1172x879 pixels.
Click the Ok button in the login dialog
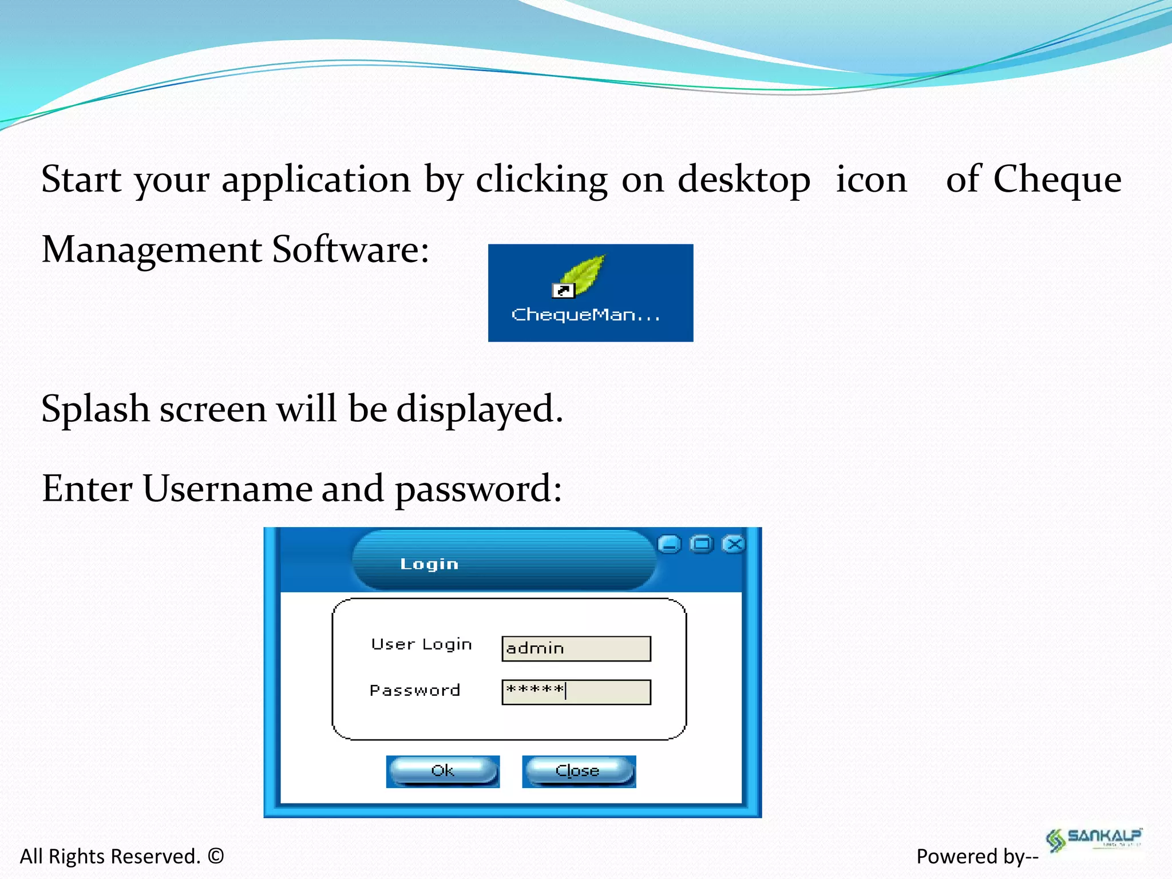coord(442,771)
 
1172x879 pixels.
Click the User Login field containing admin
coord(576,648)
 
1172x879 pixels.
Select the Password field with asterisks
coord(576,691)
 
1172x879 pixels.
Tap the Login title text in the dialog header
coord(429,564)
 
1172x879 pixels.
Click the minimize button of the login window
coord(669,544)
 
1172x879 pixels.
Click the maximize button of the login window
coord(702,544)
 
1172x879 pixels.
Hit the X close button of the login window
coord(734,544)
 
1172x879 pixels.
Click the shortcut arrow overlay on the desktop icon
coord(563,291)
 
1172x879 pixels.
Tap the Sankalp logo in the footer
coord(1093,839)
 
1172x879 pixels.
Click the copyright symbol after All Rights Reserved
coord(216,856)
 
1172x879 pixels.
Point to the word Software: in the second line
coord(350,250)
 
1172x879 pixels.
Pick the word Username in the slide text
coord(227,489)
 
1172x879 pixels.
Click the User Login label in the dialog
coord(421,644)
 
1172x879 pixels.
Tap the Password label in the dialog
coord(415,690)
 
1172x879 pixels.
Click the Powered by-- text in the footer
coord(977,856)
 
